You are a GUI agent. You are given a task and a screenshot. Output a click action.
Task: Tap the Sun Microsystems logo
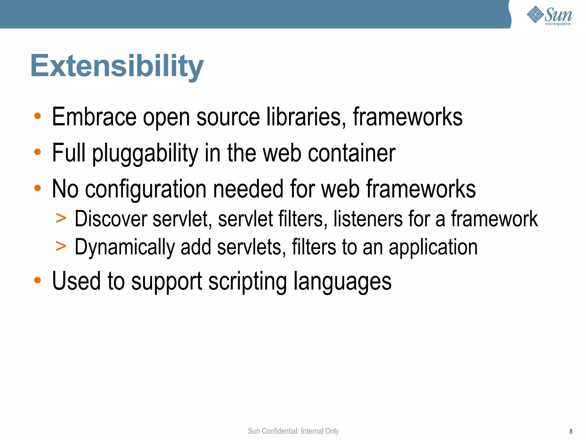click(x=549, y=16)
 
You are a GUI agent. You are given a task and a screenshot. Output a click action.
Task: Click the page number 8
click(x=571, y=431)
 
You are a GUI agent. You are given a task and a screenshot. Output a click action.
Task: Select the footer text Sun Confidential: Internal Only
click(x=293, y=431)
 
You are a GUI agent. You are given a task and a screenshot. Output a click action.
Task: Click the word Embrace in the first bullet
click(x=94, y=117)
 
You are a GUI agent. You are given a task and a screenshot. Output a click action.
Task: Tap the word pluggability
click(x=145, y=154)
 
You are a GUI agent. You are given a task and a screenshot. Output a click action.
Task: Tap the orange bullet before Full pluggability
click(x=37, y=152)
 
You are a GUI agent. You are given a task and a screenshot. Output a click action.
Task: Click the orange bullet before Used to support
click(x=37, y=280)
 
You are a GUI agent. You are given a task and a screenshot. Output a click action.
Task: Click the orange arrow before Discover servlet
click(x=61, y=218)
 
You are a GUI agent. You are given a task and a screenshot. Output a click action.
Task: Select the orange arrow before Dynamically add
click(x=61, y=246)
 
